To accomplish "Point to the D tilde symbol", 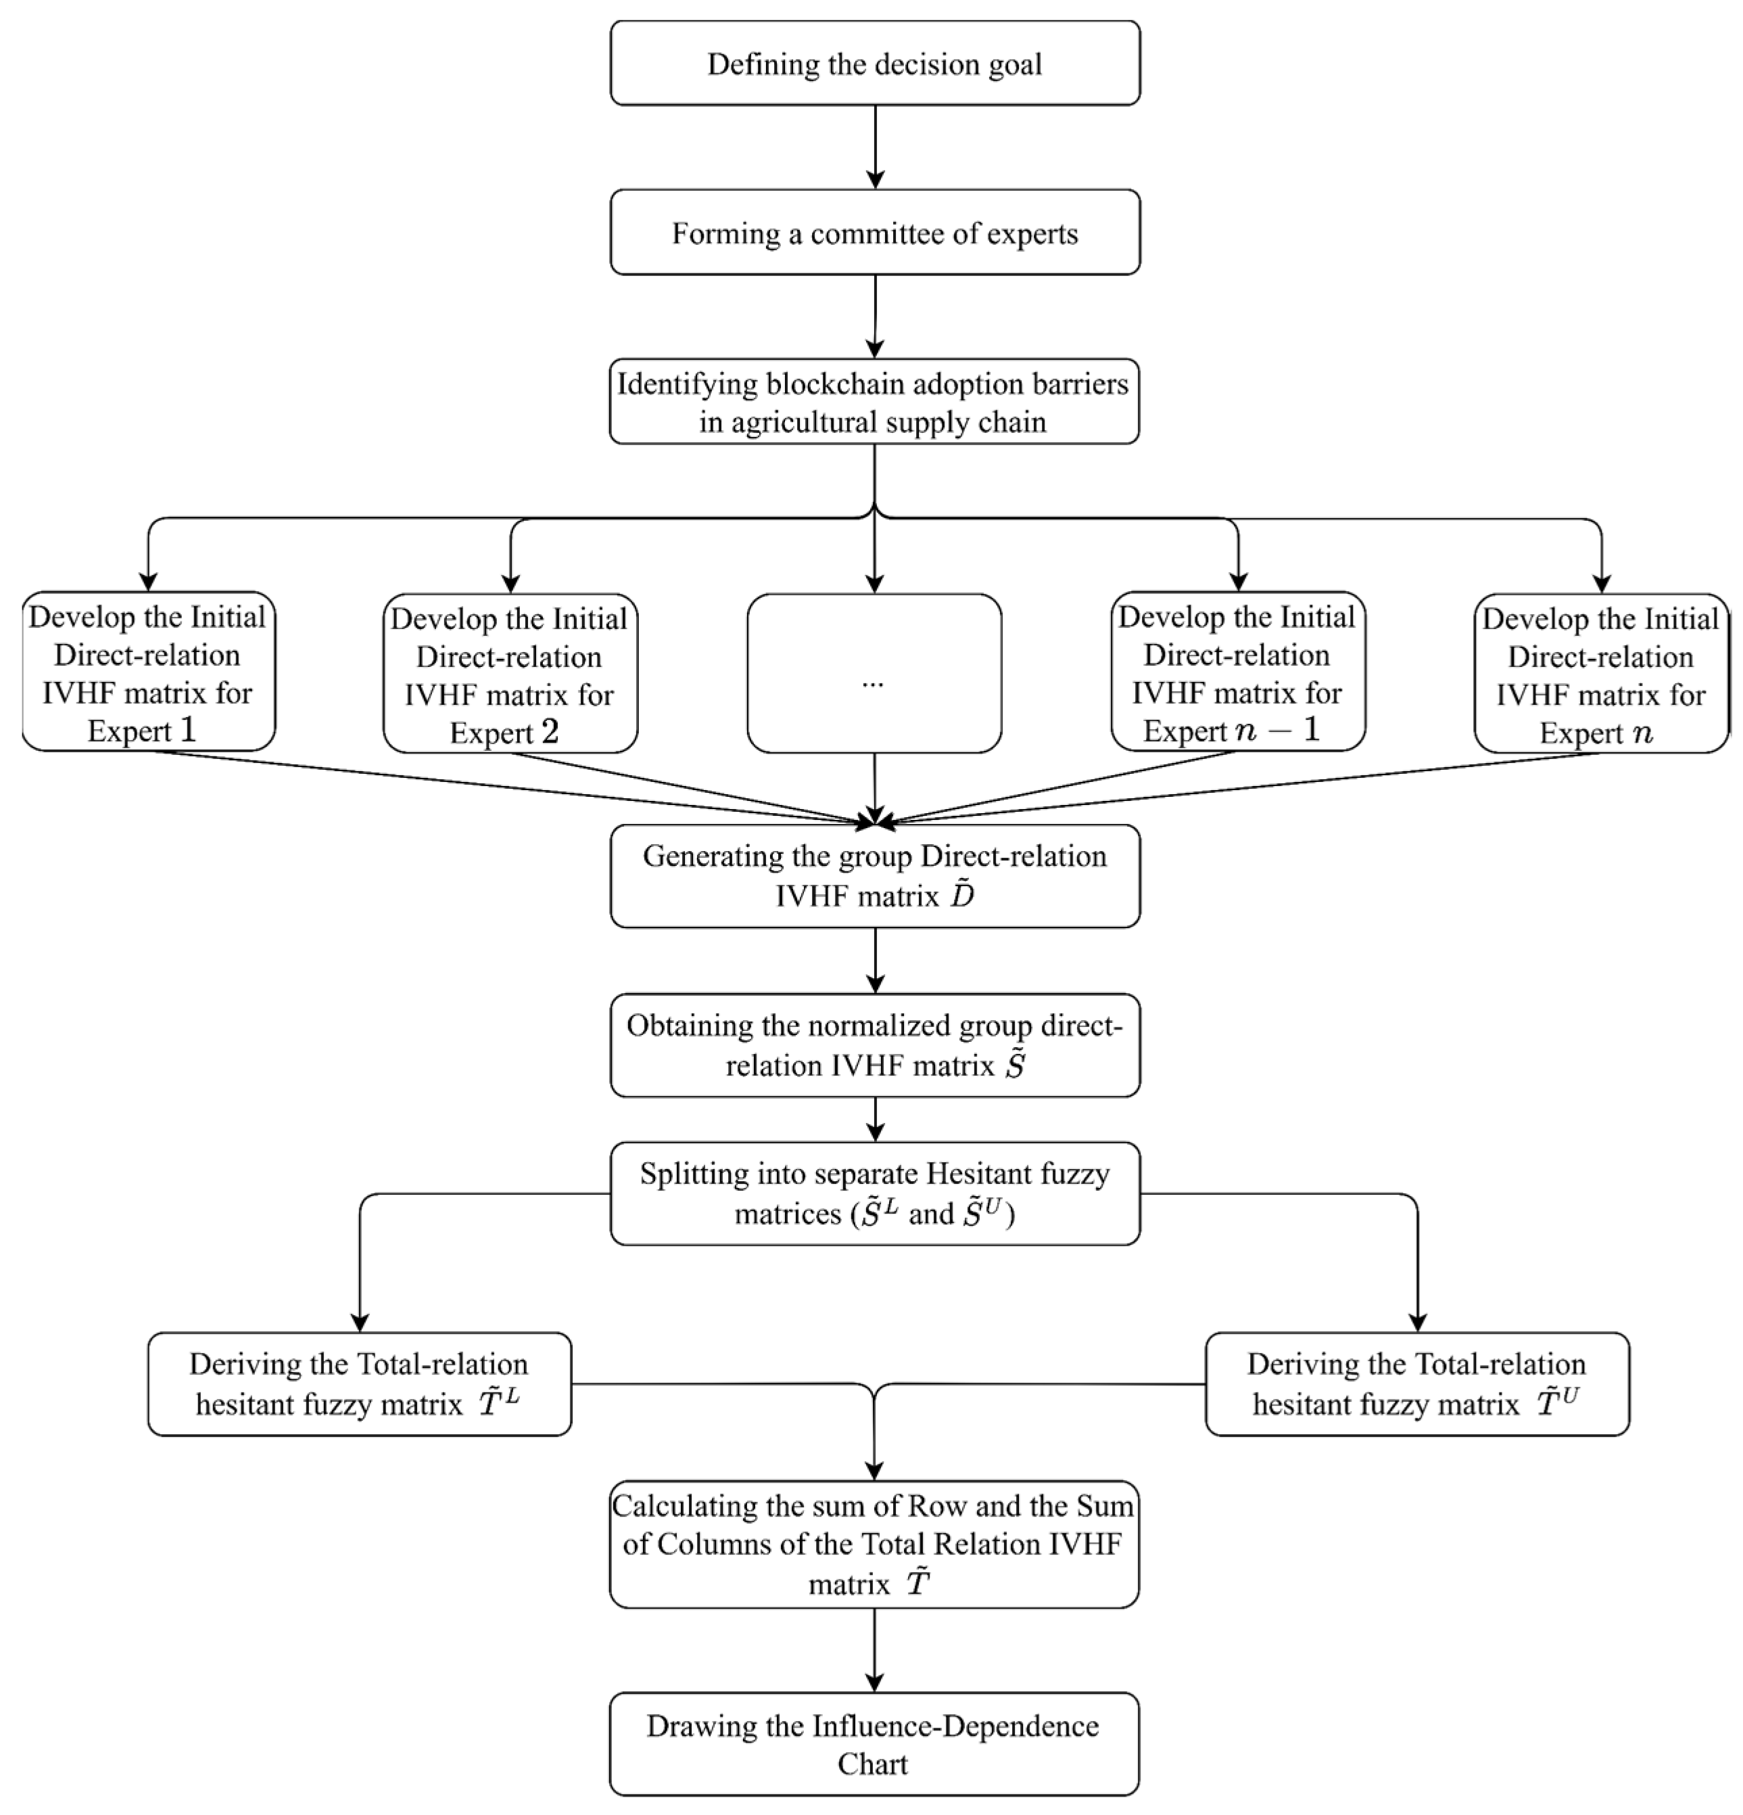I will point(961,894).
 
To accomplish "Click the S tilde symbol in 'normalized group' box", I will point(1015,1065).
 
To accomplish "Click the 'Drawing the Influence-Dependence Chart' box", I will point(874,1745).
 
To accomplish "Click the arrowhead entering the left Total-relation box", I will point(360,1321).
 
